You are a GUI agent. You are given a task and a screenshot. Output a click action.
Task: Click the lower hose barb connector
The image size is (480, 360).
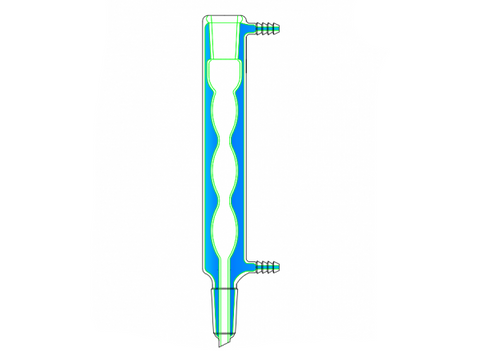[264, 266]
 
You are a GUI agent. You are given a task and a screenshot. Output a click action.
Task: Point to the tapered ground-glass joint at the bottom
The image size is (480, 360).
[225, 307]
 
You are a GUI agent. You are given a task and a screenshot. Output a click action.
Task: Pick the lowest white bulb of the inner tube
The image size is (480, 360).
[225, 226]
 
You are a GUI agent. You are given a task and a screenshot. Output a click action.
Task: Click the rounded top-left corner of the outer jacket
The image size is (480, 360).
[204, 20]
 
